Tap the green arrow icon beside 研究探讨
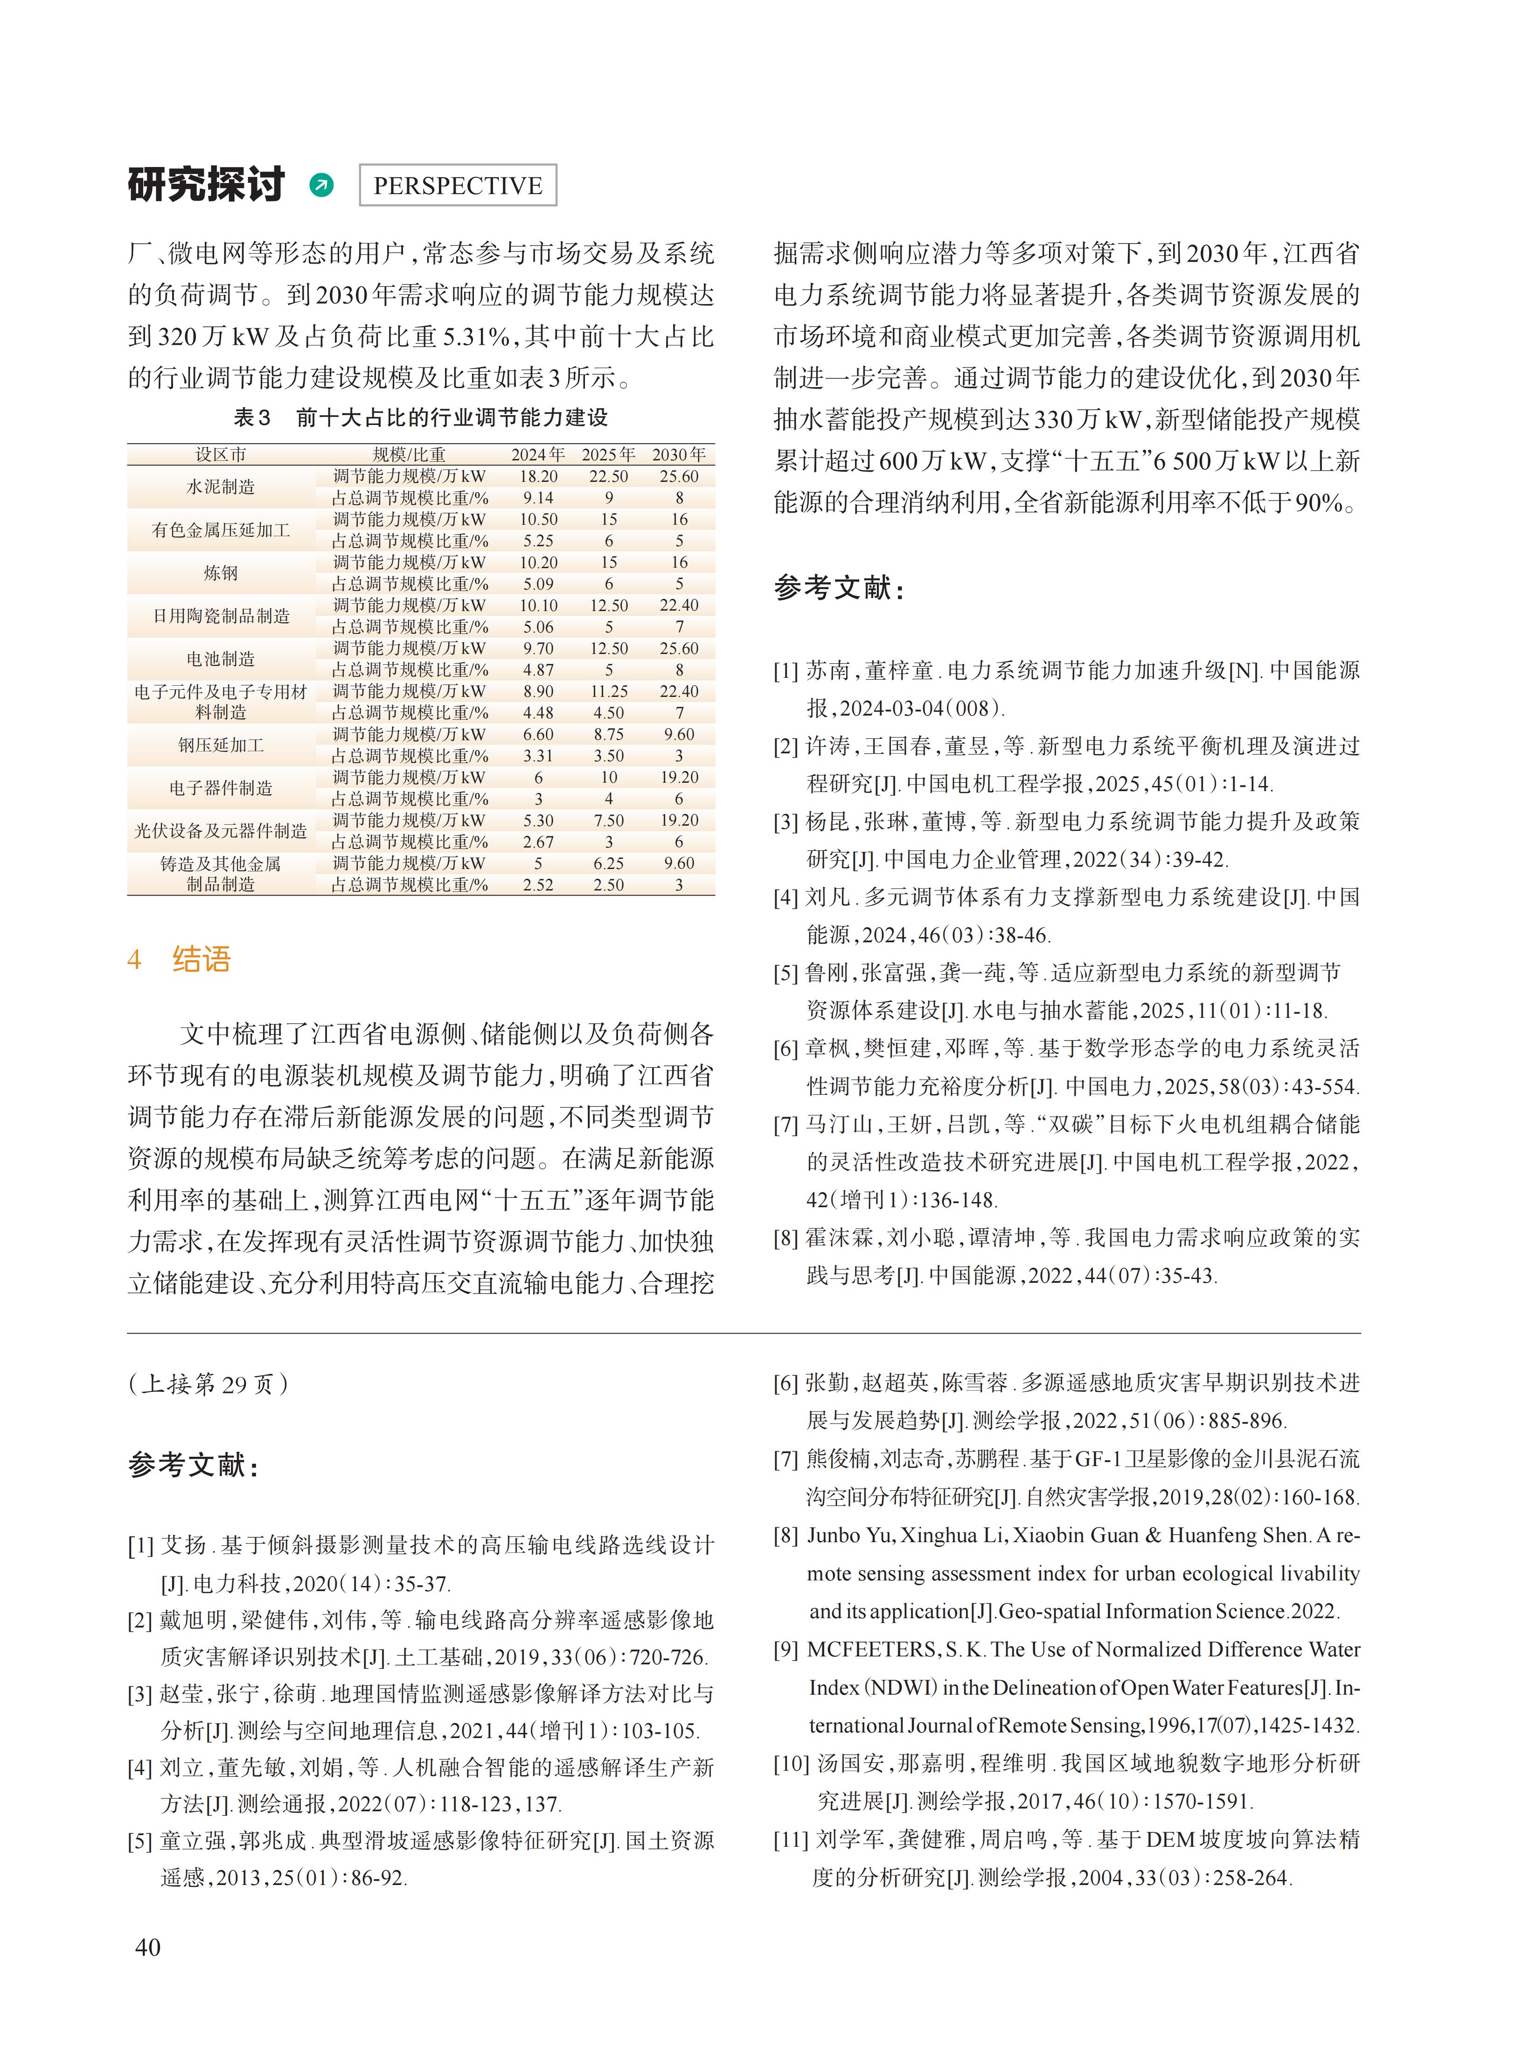tap(322, 185)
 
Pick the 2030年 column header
tap(679, 454)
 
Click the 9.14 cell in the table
tap(538, 498)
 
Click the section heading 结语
tap(201, 960)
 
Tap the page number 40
tap(147, 1947)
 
